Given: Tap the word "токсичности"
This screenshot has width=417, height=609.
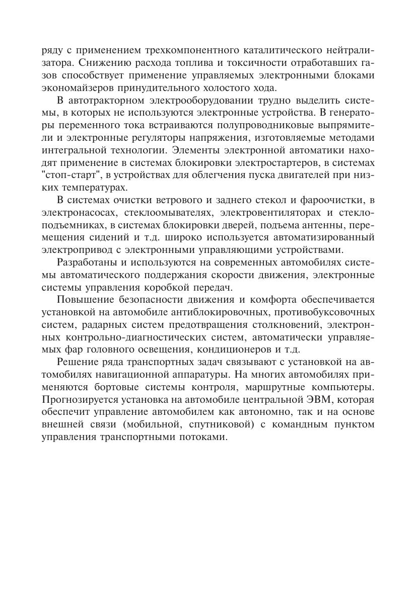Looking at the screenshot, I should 269,63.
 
